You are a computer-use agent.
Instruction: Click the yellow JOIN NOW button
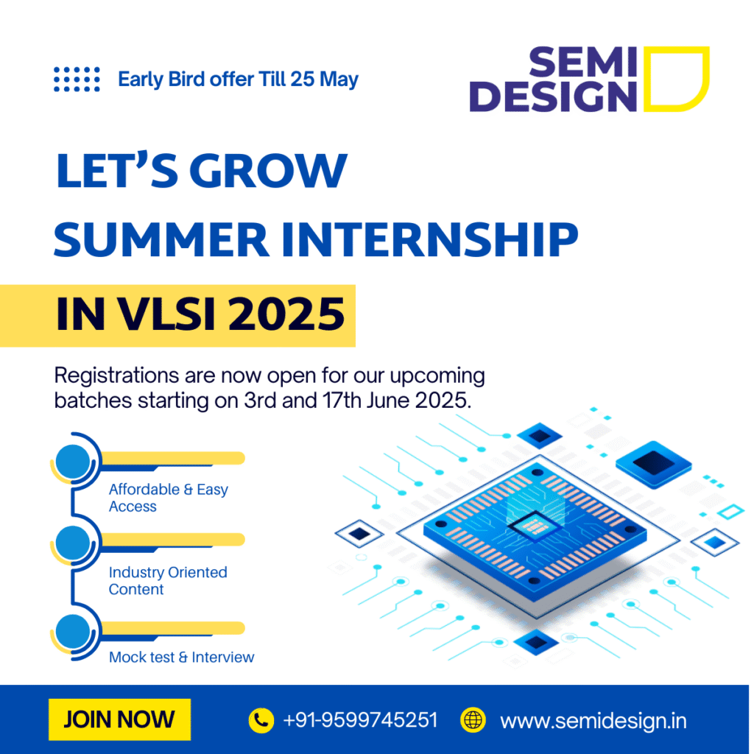(x=120, y=719)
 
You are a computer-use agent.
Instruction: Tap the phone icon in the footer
(x=261, y=720)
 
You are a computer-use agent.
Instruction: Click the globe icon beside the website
(x=473, y=720)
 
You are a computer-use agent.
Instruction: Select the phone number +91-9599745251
(x=361, y=720)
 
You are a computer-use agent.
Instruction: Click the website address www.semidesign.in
(x=593, y=721)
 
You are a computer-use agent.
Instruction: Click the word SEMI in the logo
(x=583, y=62)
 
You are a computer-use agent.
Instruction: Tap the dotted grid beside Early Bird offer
(x=77, y=79)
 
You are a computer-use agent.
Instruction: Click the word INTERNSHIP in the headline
(x=429, y=239)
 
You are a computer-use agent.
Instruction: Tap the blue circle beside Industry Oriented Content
(x=73, y=543)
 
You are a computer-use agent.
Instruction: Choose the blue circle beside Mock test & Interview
(x=73, y=631)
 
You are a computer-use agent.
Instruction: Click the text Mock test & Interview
(x=181, y=657)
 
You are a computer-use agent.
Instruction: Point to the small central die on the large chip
(x=535, y=526)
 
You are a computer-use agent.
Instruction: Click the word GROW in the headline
(x=268, y=170)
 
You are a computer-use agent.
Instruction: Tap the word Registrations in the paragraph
(x=116, y=376)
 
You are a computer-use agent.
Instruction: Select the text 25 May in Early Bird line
(x=325, y=80)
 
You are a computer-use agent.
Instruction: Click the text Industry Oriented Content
(x=168, y=580)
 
